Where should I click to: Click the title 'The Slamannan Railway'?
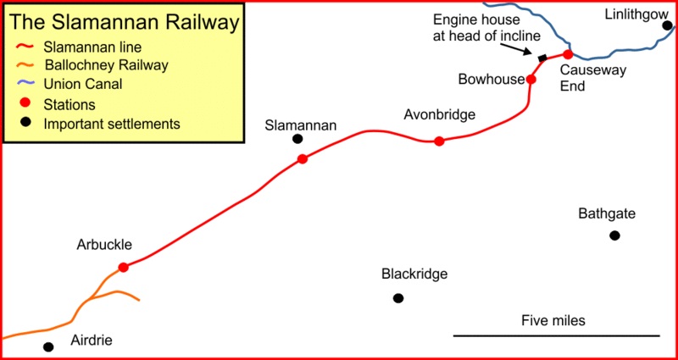(x=124, y=23)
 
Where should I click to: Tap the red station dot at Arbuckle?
(x=123, y=267)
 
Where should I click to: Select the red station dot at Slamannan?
(x=303, y=158)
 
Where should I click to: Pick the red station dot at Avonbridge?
(x=439, y=141)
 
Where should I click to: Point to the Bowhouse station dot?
(x=531, y=80)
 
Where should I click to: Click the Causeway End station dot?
(x=568, y=55)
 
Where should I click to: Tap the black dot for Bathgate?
(x=614, y=235)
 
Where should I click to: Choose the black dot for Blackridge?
(x=398, y=297)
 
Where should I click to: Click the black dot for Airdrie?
(x=48, y=346)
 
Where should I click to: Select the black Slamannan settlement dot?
(x=297, y=139)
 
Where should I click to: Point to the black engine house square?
(x=542, y=58)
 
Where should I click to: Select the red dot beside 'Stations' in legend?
(x=25, y=103)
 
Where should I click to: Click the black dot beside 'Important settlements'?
(x=25, y=123)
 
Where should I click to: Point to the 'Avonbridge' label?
(x=440, y=114)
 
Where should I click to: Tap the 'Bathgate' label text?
(x=606, y=213)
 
